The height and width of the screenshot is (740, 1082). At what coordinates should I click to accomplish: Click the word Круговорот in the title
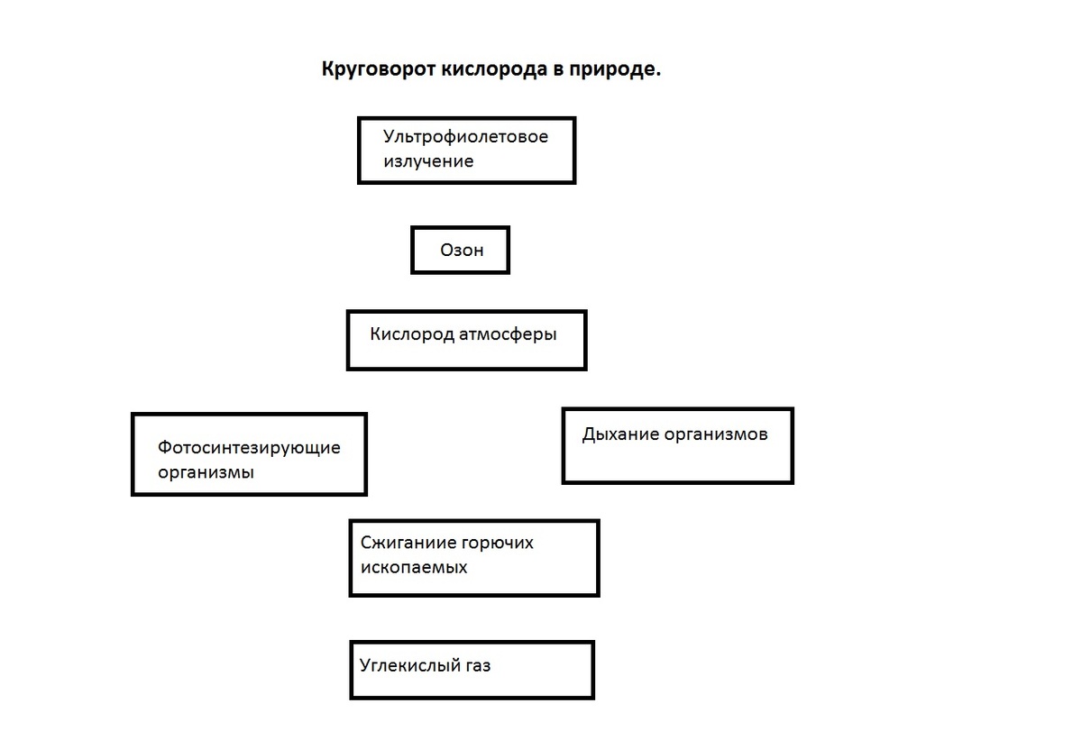(379, 69)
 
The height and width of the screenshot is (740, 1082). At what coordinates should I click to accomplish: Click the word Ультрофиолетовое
(465, 137)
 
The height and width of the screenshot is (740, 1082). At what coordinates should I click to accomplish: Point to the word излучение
(428, 161)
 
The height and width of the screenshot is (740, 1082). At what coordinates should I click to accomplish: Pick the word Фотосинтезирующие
(249, 447)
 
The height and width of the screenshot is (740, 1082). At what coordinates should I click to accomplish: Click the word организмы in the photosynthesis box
(206, 472)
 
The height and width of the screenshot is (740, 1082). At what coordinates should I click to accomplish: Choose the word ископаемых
(414, 568)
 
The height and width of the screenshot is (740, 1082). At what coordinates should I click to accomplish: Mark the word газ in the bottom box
(478, 667)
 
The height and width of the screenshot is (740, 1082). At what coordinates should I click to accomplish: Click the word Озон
(462, 250)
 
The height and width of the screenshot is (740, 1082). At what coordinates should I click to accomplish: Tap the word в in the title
(558, 70)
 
